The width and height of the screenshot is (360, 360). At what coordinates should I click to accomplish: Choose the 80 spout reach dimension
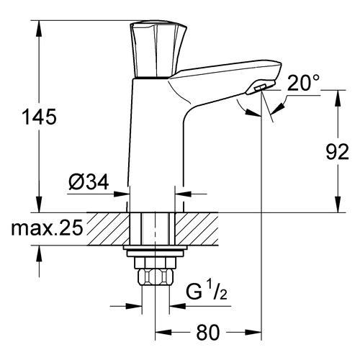point(207,333)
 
